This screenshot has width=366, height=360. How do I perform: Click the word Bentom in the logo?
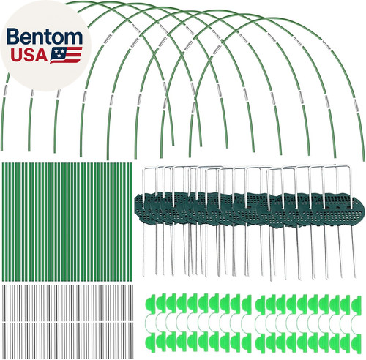pos(45,37)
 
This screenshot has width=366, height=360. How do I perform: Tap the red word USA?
pos(29,55)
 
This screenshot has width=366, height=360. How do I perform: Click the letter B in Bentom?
pos(13,37)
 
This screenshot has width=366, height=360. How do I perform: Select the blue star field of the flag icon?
pos(59,52)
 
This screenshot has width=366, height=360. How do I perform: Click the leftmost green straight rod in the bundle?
pos(4,222)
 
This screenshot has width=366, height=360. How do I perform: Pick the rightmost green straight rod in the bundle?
pos(131,222)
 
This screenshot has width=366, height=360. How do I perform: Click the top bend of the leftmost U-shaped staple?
pos(149,168)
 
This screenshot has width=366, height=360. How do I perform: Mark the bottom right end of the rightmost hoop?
pos(364,160)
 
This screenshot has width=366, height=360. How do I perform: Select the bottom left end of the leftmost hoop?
pos(2,149)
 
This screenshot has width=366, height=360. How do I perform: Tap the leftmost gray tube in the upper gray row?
pos(3,303)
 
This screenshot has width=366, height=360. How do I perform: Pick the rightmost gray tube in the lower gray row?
pos(132,340)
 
